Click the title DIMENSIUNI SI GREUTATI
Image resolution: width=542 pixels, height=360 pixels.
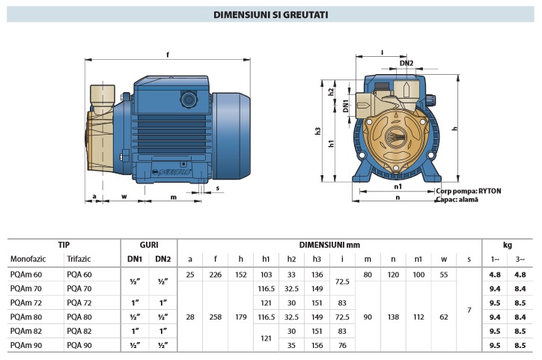[x=270, y=14]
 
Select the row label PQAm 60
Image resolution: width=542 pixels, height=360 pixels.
[x=26, y=275]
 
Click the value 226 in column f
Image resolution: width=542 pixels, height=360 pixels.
[x=215, y=275]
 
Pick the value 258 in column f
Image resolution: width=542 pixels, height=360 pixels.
[x=215, y=317]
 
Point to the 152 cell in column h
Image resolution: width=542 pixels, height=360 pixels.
[x=240, y=275]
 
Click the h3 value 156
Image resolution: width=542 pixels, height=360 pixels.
[x=317, y=345]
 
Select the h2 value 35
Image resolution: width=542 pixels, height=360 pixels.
[x=291, y=345]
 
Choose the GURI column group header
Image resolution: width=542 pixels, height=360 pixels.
[x=148, y=245]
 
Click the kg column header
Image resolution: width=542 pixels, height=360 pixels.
[x=507, y=245]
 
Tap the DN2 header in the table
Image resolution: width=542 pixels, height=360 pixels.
[x=162, y=259]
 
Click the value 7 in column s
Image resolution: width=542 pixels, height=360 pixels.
[x=469, y=309]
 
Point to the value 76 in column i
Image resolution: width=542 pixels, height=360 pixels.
[x=342, y=345]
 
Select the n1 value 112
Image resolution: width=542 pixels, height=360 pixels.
[x=418, y=317]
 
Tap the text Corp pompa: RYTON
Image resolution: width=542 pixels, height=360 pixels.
[x=468, y=191]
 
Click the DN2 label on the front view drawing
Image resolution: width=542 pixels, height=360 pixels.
[x=406, y=63]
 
